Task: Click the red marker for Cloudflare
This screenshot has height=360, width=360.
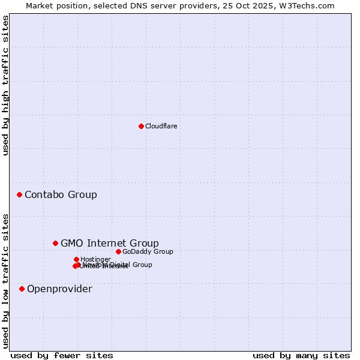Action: click(141, 126)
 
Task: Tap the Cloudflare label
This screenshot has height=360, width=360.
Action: click(161, 126)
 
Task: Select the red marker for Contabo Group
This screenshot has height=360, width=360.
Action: click(19, 194)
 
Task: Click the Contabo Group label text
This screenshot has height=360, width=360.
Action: click(61, 194)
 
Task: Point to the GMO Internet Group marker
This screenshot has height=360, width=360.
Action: click(55, 243)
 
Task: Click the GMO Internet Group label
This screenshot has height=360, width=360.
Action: click(110, 243)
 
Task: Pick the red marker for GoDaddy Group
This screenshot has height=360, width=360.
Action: click(118, 251)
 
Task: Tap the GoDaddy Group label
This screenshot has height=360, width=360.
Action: click(148, 251)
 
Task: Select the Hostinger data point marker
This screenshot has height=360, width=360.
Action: click(76, 259)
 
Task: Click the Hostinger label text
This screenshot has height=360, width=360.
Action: click(95, 259)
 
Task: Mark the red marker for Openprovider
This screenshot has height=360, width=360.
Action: click(22, 289)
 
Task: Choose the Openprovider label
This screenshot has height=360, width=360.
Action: click(59, 289)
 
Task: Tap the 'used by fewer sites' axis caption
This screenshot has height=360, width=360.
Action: click(62, 355)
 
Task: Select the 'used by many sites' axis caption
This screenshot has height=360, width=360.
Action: click(301, 355)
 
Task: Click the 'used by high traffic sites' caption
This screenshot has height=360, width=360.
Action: click(5, 85)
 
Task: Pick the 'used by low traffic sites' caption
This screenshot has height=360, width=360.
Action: click(5, 280)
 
